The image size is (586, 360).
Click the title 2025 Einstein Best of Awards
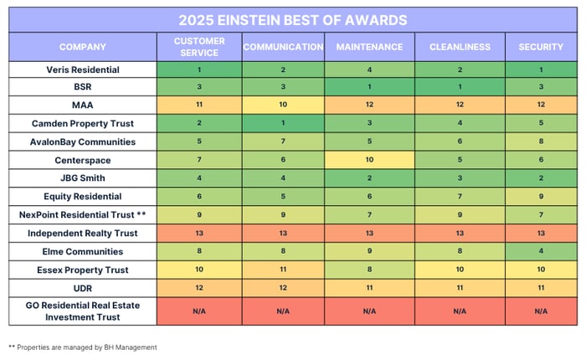(x=293, y=19)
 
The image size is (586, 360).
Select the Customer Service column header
(x=199, y=47)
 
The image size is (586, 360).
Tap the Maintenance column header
(x=369, y=47)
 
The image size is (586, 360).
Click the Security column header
(x=541, y=47)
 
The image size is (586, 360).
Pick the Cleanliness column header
(x=460, y=47)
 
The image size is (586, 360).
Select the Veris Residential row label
(x=83, y=70)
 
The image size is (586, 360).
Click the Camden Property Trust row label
(x=83, y=124)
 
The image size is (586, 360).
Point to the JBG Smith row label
(x=83, y=178)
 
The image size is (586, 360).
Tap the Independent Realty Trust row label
(x=83, y=233)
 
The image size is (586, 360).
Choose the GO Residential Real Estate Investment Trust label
(x=83, y=311)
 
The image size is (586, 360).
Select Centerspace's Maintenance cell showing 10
(x=369, y=160)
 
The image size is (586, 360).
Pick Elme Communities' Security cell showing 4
(x=541, y=251)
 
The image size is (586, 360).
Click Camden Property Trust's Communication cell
(x=283, y=124)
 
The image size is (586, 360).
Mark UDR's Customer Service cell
(x=199, y=287)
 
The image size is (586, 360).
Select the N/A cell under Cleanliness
(x=460, y=311)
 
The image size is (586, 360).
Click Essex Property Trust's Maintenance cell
(x=369, y=269)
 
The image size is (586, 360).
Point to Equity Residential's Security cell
(x=541, y=197)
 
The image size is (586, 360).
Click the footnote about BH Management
(x=83, y=347)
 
